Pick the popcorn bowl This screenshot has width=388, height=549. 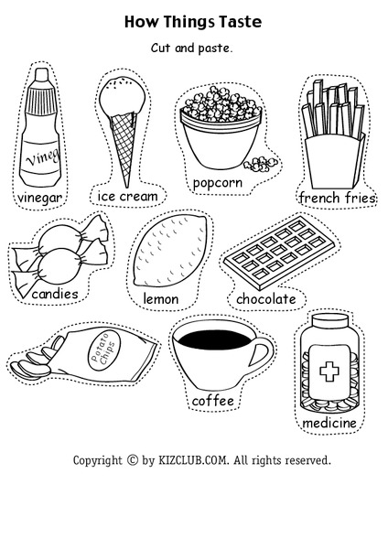point(216,137)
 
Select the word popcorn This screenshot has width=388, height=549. point(217,183)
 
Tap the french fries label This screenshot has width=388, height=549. point(331,198)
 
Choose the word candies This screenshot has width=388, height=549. point(55,295)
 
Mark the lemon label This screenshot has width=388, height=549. point(160,298)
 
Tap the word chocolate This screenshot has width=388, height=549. point(266,299)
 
